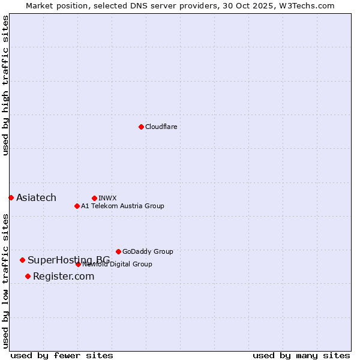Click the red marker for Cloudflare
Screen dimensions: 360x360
(141, 127)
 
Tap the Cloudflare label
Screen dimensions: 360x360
(161, 127)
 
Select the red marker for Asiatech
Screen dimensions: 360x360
(11, 197)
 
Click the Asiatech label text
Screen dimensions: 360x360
(36, 198)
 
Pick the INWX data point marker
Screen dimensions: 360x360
(94, 198)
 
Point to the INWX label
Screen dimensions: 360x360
(107, 198)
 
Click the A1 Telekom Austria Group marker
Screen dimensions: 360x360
(77, 206)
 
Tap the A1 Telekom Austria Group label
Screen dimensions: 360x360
(122, 206)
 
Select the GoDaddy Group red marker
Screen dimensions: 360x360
(118, 251)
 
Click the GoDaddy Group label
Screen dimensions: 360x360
(148, 251)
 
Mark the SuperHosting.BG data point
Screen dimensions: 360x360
(22, 260)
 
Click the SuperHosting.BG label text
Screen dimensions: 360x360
(68, 260)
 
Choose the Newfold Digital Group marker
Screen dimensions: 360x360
(78, 264)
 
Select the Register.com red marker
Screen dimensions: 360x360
(28, 276)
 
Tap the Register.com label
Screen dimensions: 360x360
(64, 276)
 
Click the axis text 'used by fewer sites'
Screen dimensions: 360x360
(62, 355)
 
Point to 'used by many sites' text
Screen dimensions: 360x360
(301, 355)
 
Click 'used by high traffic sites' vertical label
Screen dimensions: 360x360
(5, 85)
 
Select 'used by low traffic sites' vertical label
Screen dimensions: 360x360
(5, 281)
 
